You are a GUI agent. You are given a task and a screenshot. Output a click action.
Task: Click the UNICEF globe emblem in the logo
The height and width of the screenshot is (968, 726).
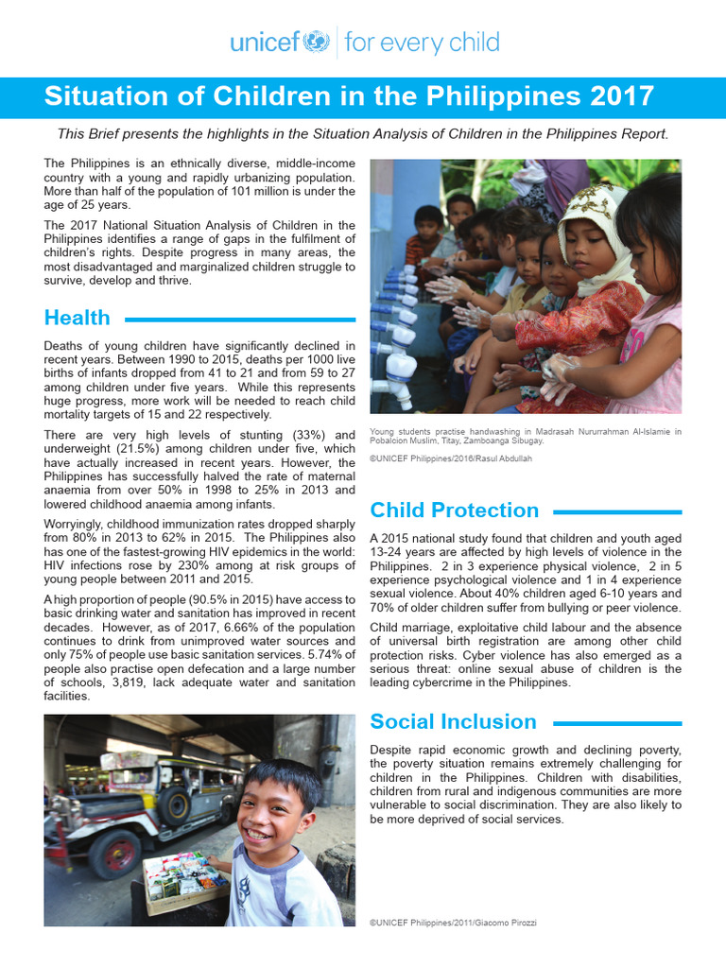click(x=315, y=43)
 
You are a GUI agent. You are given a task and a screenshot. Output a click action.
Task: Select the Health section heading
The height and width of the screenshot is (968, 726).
click(x=78, y=318)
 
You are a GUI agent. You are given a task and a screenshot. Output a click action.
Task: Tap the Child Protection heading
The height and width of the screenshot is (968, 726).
click(x=454, y=510)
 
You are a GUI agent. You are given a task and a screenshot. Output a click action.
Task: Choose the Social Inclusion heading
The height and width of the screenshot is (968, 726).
click(x=453, y=721)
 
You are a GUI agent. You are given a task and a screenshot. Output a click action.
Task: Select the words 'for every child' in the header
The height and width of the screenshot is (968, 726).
click(x=422, y=43)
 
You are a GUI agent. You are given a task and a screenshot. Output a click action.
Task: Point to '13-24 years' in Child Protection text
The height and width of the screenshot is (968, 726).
click(x=404, y=552)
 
